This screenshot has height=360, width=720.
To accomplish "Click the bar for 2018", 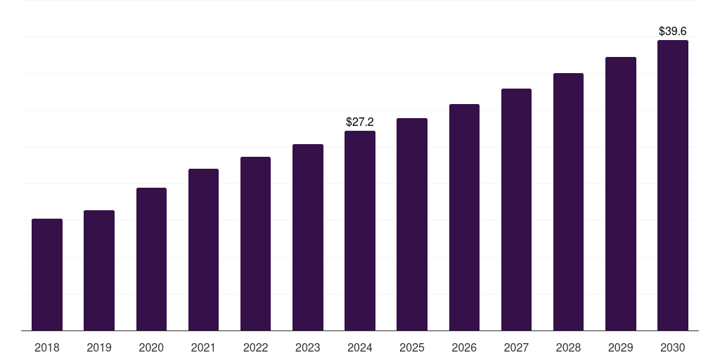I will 47,274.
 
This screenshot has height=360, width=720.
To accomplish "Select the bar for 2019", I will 99,270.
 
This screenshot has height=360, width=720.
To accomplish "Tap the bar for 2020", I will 151,259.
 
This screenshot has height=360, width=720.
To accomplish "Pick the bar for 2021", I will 203,250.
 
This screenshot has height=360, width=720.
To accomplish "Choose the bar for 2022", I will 255,243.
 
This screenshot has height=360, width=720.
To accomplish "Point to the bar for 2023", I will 308,237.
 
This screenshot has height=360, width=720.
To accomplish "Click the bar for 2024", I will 360,231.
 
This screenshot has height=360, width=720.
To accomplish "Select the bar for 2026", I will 464,217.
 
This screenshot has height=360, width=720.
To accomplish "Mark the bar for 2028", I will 568,202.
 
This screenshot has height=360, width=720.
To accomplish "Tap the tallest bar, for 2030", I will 673,185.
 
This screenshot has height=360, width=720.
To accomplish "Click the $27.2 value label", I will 360,122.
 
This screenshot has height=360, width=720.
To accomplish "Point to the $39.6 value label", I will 673,32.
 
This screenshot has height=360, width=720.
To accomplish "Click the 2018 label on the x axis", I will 47,348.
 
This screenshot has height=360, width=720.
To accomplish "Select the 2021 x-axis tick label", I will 203,348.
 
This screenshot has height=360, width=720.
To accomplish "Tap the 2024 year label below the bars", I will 360,348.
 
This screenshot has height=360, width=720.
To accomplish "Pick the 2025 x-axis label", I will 412,348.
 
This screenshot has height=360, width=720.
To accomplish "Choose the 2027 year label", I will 516,348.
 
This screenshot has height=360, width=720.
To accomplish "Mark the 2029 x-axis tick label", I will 621,348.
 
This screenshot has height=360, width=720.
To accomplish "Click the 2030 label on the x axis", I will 673,348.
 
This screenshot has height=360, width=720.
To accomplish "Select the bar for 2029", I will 621,193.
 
